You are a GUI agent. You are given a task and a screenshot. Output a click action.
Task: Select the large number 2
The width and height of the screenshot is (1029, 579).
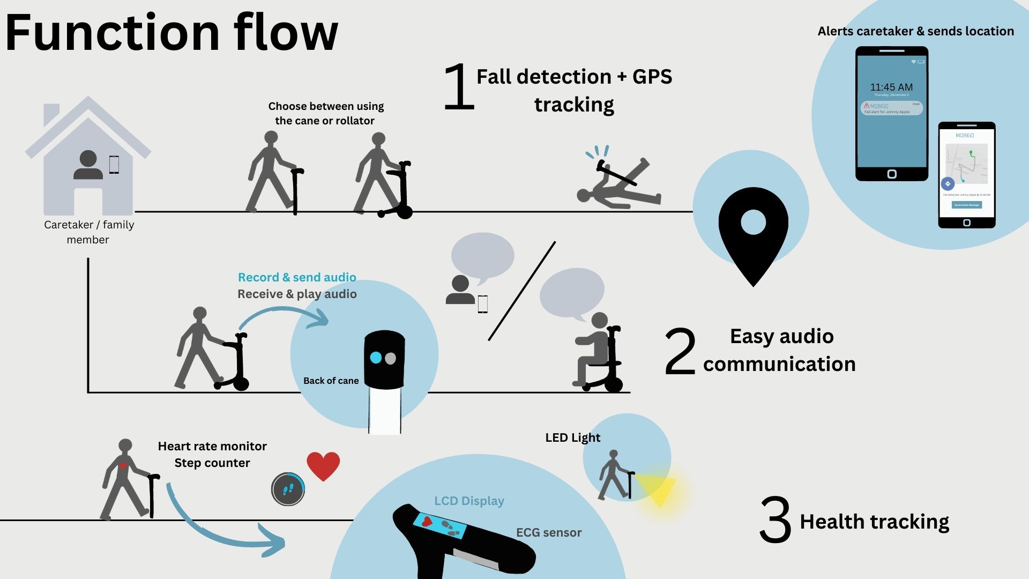(680, 352)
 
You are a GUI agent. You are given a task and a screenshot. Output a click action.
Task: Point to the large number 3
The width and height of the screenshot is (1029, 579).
(775, 519)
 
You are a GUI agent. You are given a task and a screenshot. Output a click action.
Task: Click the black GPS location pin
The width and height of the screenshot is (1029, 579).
(753, 231)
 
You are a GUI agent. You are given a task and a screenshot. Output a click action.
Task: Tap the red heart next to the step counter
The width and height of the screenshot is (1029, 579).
(323, 464)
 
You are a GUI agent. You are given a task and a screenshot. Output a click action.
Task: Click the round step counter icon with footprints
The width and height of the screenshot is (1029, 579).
(288, 489)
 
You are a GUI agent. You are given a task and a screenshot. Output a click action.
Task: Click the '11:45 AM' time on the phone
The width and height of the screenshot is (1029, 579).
(891, 87)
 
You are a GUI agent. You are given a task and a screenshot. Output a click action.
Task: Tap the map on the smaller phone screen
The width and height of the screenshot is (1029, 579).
(967, 163)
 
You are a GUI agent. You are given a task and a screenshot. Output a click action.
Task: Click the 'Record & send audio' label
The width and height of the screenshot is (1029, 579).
(297, 277)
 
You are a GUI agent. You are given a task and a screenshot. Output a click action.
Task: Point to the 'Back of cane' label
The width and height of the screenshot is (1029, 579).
(331, 381)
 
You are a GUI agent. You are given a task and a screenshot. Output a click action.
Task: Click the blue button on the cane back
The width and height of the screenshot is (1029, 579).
(376, 358)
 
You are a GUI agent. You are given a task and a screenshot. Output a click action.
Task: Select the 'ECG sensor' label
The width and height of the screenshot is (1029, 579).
(548, 532)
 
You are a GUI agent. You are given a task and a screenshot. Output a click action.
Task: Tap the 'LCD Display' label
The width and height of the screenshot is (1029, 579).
(469, 501)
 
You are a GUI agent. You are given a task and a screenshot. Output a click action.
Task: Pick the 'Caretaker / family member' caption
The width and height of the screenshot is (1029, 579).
(89, 232)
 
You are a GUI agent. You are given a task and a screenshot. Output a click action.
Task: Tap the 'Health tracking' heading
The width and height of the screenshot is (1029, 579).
(874, 522)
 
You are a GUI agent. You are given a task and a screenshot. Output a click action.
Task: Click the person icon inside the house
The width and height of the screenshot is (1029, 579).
(88, 165)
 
